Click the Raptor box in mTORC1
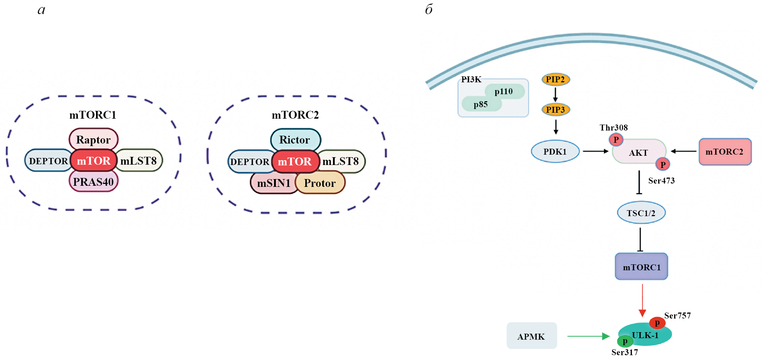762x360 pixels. coord(93,139)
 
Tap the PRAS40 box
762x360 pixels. coord(93,182)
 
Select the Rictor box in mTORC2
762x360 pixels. coord(295,139)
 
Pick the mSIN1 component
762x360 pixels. coord(274,183)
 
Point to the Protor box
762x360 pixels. coord(320,183)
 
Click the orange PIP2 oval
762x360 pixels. coord(555,79)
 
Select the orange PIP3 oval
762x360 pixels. coord(555,110)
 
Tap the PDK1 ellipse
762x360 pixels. coord(555,151)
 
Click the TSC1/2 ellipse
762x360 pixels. coord(641,213)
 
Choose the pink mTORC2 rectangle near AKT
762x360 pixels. coord(725,152)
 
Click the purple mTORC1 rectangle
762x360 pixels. coord(641,267)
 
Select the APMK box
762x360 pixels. coord(531,336)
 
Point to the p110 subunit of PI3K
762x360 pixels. coord(504,91)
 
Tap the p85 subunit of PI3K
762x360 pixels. coord(481,104)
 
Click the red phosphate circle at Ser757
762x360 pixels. coord(657,323)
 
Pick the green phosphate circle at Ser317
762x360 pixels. coord(625,341)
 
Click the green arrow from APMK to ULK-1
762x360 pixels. coord(588,336)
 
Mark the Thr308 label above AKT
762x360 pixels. coord(614,128)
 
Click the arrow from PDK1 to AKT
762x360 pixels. coord(596,151)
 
